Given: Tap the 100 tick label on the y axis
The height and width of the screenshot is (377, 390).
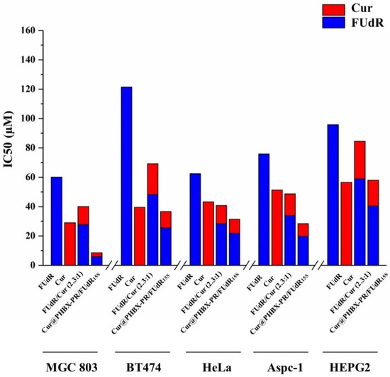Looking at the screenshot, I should tap(28, 119).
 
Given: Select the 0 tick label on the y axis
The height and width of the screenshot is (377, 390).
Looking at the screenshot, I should tap(33, 266).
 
